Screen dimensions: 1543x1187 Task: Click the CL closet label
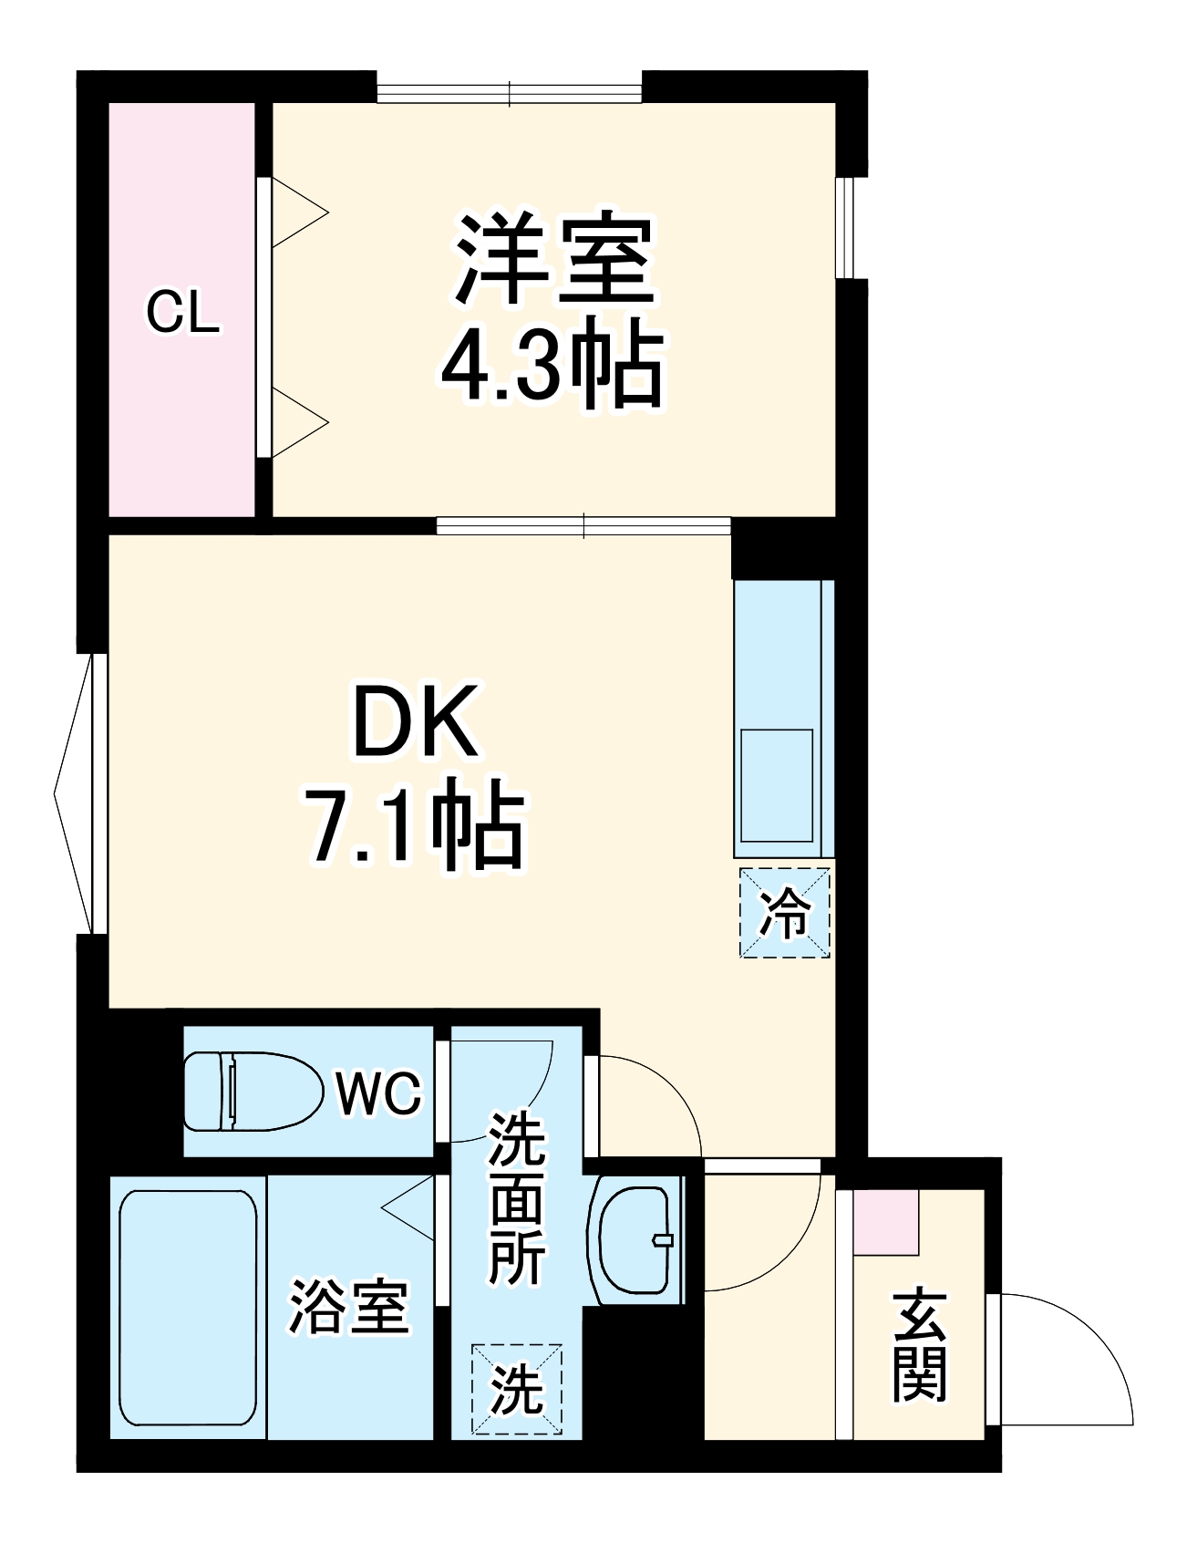[182, 313]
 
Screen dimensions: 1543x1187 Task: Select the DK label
[416, 723]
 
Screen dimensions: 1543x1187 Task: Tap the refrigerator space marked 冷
[784, 912]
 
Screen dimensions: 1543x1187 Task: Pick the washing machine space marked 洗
[517, 1390]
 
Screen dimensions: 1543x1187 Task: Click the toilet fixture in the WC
[253, 1091]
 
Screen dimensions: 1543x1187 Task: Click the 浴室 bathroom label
[349, 1307]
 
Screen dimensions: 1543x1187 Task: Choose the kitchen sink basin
[777, 785]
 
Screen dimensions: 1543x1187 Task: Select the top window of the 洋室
[510, 92]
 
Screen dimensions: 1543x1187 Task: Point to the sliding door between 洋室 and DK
[583, 526]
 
